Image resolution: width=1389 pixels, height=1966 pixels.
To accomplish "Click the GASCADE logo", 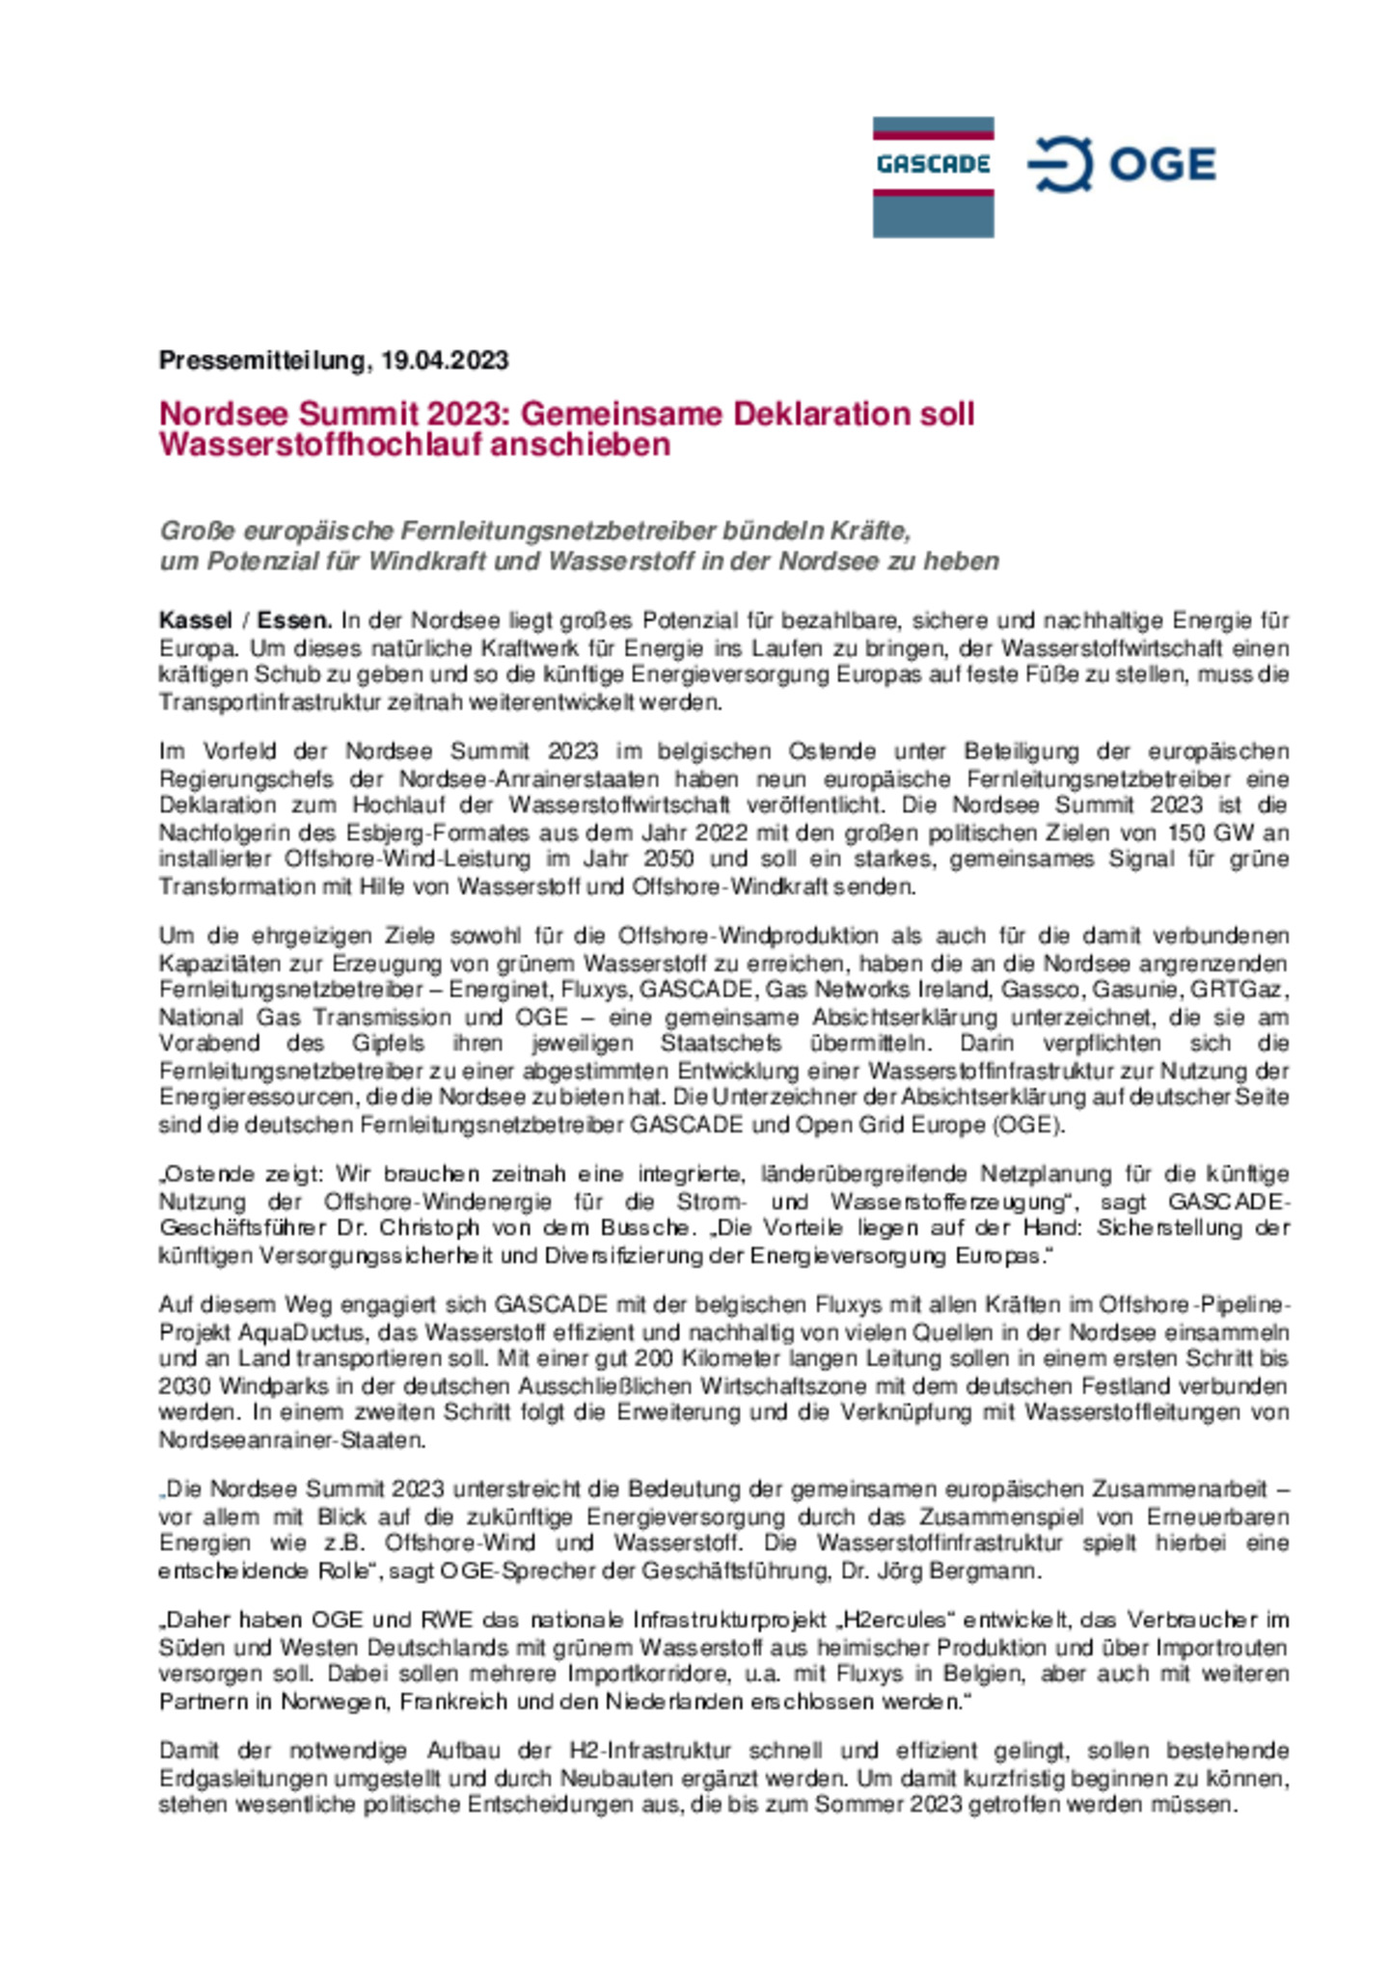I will (932, 177).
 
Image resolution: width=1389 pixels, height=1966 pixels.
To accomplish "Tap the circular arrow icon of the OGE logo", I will (1060, 164).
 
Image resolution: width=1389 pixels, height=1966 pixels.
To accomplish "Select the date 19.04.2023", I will (445, 361).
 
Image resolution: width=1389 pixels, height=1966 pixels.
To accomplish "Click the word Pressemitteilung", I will (259, 361).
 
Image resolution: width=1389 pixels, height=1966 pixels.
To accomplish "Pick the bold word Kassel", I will (196, 620).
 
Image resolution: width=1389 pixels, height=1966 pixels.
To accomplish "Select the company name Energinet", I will (500, 990).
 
